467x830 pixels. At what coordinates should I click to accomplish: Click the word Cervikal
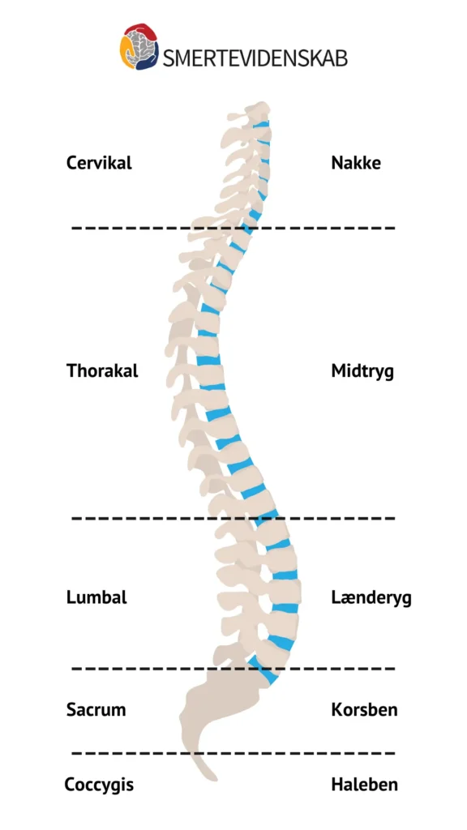tap(99, 162)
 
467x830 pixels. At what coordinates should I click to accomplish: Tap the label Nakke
tap(356, 162)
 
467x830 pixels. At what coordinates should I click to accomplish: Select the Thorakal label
tap(102, 370)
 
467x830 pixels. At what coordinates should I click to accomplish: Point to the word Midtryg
tap(362, 371)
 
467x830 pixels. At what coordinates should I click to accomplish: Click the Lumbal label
tap(97, 597)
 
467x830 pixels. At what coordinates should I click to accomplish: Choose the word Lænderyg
tap(371, 597)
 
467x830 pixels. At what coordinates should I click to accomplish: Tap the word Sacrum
tap(96, 709)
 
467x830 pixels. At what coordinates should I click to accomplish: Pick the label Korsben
tap(364, 709)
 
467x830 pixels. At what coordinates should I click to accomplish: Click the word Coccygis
tap(99, 785)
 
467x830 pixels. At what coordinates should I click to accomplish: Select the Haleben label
tap(364, 784)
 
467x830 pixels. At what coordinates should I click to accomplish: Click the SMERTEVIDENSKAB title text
tap(255, 58)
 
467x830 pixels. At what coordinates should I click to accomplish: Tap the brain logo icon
tap(139, 46)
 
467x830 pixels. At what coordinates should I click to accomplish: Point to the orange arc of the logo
tap(125, 51)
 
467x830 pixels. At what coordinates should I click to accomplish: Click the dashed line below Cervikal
tap(233, 228)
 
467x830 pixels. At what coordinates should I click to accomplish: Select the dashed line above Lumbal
tap(233, 518)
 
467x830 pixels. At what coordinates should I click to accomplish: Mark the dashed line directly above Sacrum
tap(233, 669)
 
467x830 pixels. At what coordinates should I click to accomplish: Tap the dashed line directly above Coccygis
tap(233, 753)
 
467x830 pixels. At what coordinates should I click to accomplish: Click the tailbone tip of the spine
tap(213, 777)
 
